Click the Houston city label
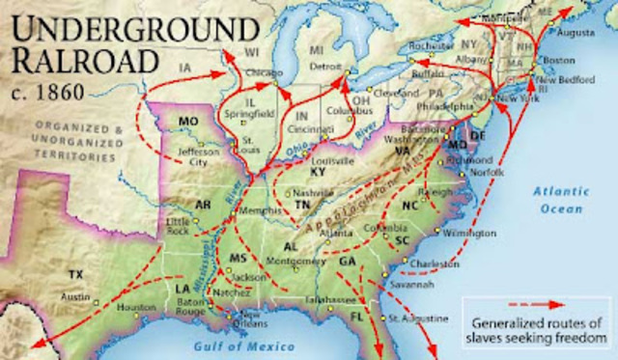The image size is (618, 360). click(136, 307)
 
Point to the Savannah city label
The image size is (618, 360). click(412, 283)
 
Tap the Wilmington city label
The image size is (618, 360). click(476, 234)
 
